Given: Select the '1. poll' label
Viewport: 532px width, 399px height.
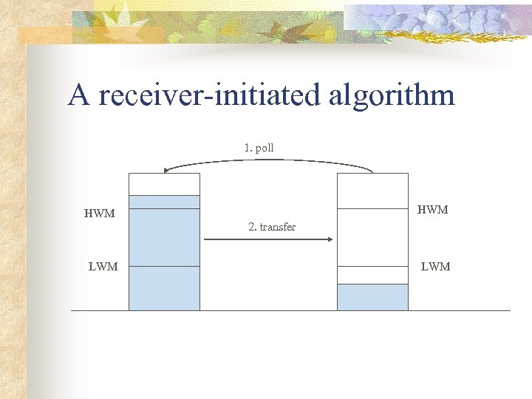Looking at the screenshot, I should pyautogui.click(x=259, y=148).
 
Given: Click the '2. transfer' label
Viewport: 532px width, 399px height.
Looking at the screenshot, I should pyautogui.click(x=272, y=227).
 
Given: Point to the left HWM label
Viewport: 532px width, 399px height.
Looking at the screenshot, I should pyautogui.click(x=100, y=214).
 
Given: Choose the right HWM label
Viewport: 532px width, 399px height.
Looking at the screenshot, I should pyautogui.click(x=433, y=210).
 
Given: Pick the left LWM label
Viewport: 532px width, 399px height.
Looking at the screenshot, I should pyautogui.click(x=103, y=267).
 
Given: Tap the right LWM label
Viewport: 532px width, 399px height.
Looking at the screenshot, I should pyautogui.click(x=435, y=267).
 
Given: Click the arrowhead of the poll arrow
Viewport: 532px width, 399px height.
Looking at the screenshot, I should pyautogui.click(x=167, y=171).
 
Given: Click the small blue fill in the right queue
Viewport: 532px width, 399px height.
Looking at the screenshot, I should pyautogui.click(x=372, y=297).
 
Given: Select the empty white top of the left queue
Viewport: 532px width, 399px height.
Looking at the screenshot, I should pyautogui.click(x=164, y=184).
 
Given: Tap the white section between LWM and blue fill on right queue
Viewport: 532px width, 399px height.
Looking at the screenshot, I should pyautogui.click(x=372, y=275).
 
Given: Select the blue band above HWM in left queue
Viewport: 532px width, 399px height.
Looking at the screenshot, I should pyautogui.click(x=164, y=202).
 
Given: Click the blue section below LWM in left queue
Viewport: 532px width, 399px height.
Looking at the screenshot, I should pyautogui.click(x=164, y=288).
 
